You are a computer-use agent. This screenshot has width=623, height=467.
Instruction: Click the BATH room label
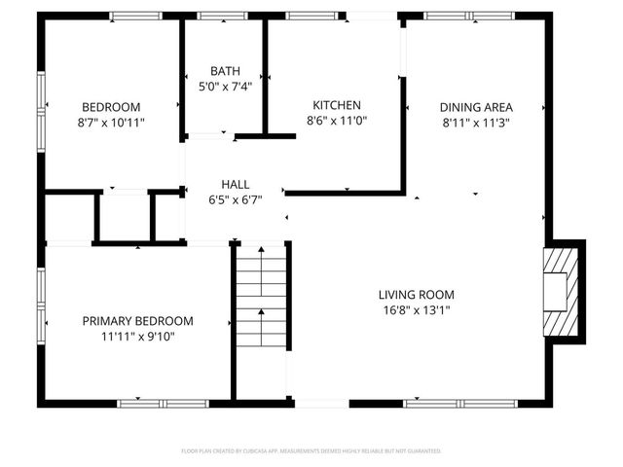225,71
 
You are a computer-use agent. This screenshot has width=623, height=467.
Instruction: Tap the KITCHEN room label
337,105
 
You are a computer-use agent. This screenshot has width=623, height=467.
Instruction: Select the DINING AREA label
476,107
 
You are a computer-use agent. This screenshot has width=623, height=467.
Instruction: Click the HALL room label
235,184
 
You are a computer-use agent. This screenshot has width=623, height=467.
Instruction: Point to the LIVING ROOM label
417,295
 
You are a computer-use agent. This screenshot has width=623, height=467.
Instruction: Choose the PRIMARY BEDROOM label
137,321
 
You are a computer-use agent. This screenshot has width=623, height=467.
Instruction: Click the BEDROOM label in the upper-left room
111,107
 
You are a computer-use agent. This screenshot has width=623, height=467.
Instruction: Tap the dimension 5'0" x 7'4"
225,86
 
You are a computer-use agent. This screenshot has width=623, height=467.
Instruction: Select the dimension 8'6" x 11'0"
337,120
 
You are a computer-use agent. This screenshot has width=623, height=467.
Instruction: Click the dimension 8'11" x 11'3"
476,122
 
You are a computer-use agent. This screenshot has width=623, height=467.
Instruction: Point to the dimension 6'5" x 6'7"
235,198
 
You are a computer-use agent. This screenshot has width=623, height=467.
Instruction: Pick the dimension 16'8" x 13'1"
417,310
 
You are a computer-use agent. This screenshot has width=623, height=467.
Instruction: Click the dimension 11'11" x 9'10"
137,337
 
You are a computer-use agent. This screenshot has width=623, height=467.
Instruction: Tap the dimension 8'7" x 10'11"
111,122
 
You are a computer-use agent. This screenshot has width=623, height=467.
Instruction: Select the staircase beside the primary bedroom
261,302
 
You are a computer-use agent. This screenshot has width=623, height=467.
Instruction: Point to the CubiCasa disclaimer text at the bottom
311,451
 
